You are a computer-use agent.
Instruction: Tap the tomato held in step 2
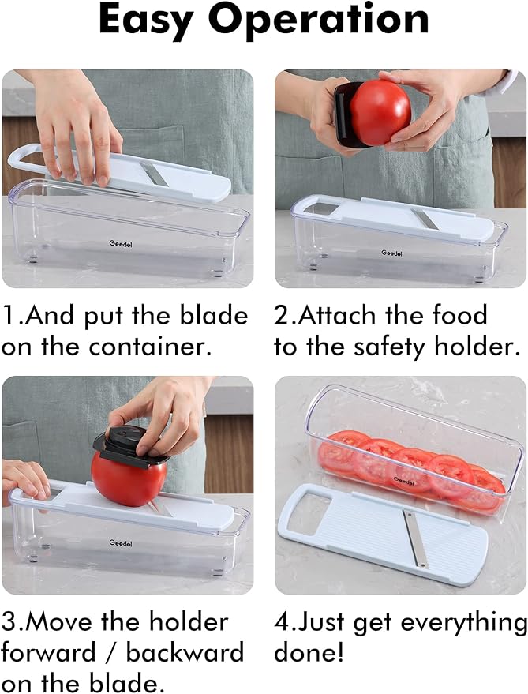380,112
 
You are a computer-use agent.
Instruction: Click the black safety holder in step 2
343,114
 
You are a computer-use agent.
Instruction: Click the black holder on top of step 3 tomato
131,444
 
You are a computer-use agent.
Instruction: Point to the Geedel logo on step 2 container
392,253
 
